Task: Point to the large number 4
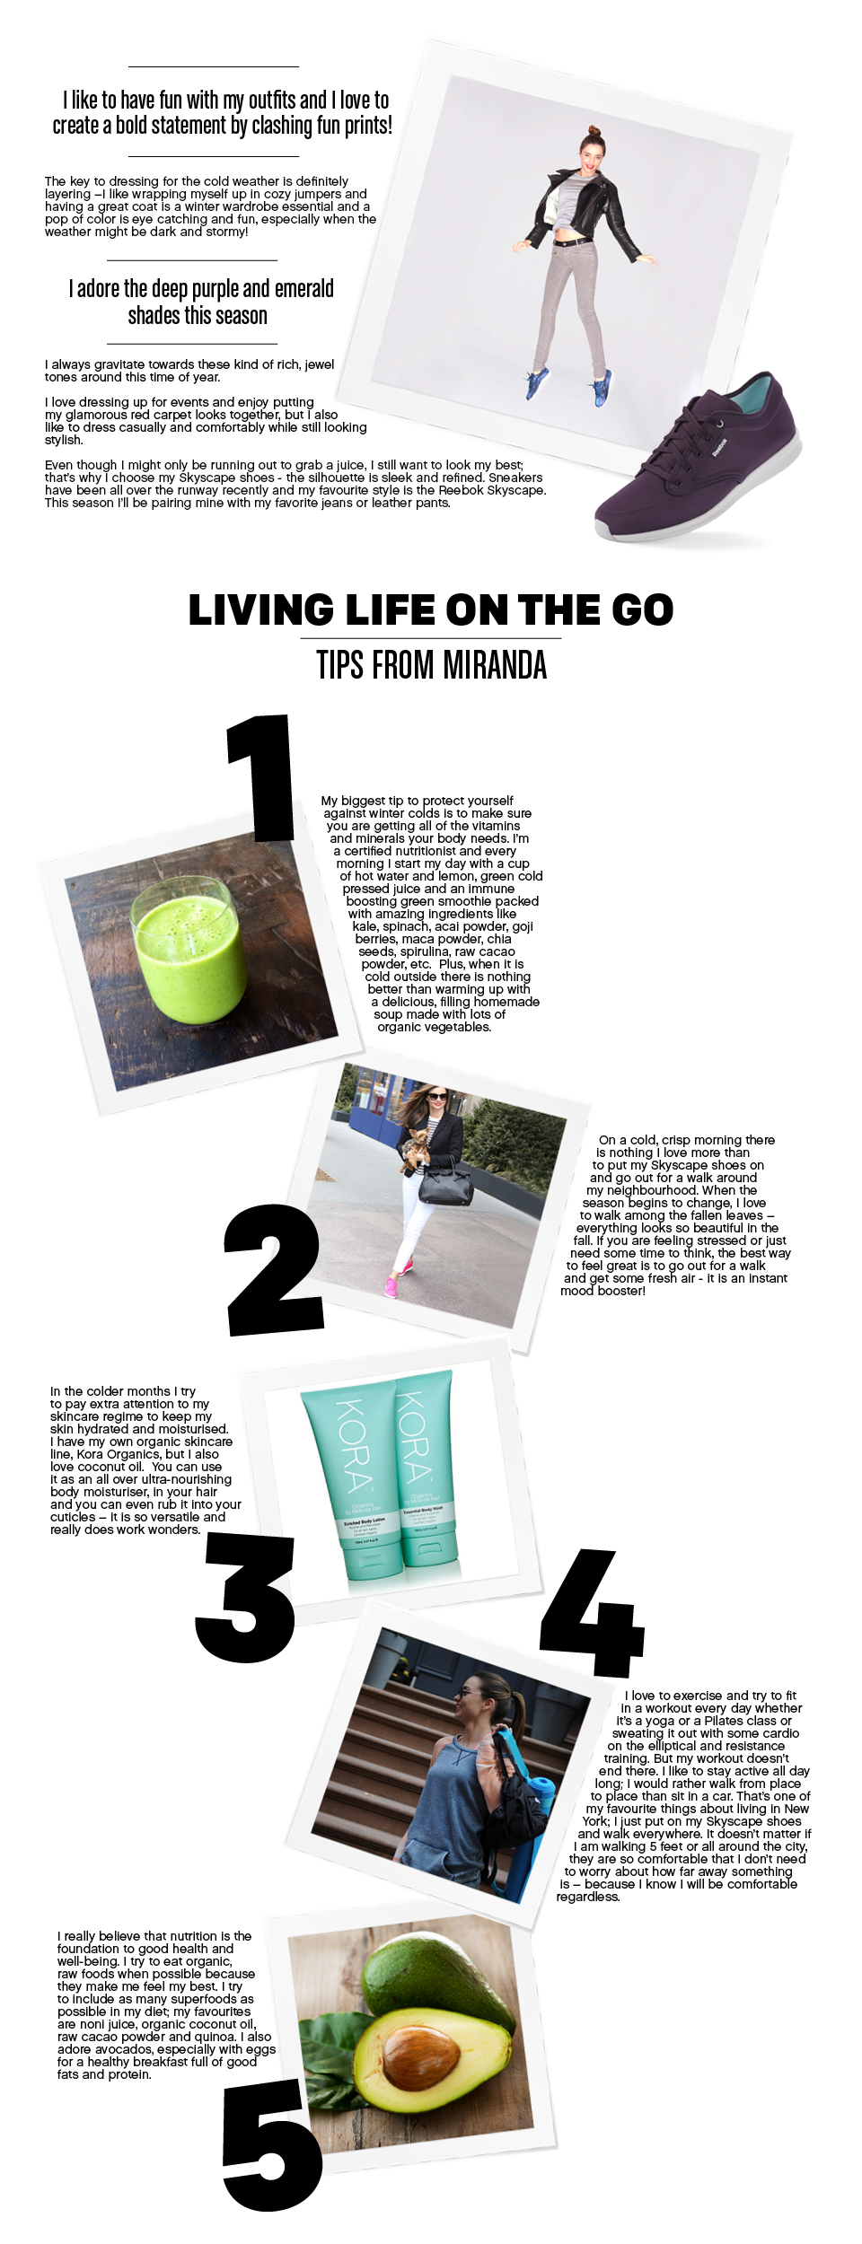point(592,1613)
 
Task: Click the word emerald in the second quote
point(303,289)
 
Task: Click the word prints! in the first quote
point(367,126)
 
